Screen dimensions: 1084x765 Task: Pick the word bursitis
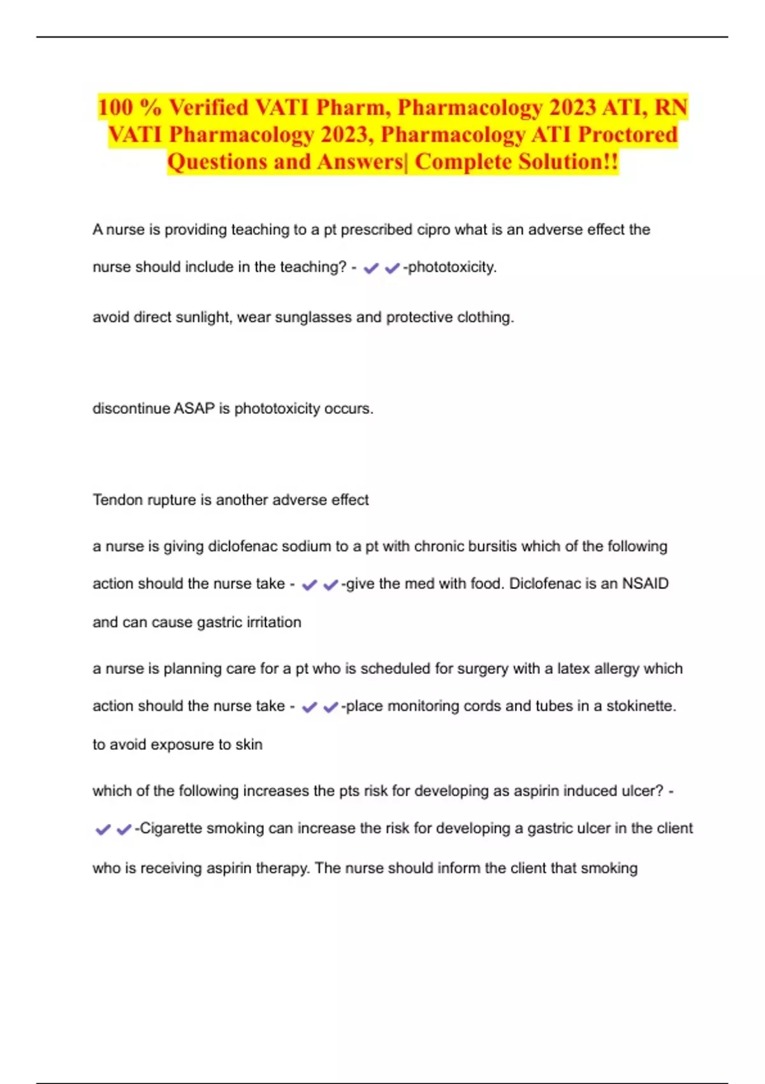coord(492,546)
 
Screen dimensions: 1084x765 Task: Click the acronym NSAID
coord(645,583)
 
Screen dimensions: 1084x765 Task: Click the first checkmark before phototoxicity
coord(370,268)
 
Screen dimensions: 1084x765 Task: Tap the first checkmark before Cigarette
coord(102,830)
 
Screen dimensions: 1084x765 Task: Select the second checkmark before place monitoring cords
coord(330,708)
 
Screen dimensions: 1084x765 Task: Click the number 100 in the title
coord(115,107)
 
